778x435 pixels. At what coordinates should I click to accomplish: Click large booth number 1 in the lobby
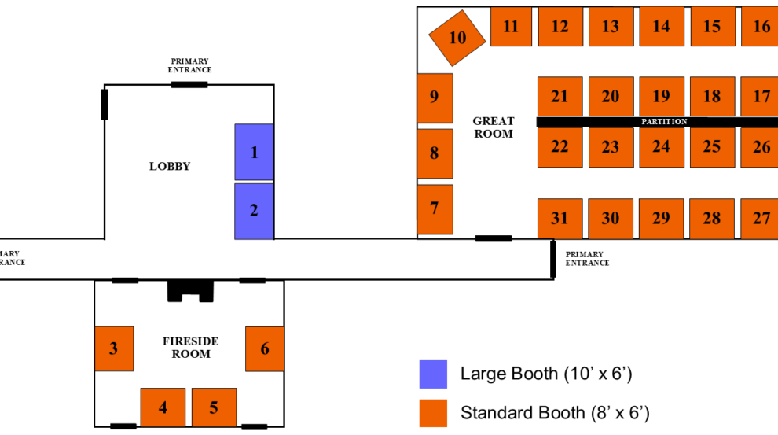pos(254,152)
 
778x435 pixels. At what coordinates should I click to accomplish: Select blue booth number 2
pos(254,211)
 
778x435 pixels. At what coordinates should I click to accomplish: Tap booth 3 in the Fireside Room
pos(114,348)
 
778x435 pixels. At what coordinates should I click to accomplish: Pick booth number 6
pos(265,348)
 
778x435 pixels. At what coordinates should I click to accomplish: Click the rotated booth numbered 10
pos(457,37)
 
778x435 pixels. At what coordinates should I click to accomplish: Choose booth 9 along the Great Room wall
pos(435,98)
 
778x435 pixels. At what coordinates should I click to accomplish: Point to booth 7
pos(435,208)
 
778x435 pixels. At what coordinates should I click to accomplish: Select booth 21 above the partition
pos(560,97)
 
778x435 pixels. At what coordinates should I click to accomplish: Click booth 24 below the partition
pos(661,147)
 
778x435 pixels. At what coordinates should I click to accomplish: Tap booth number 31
pos(560,219)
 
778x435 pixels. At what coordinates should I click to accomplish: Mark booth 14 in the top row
pos(661,27)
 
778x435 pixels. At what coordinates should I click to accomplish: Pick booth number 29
pos(661,219)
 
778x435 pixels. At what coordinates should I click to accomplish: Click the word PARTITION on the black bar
pos(664,122)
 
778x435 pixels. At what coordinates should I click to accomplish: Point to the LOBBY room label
pos(170,166)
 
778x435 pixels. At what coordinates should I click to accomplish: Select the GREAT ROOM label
pos(494,127)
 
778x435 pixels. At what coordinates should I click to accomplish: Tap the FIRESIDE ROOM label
pos(191,348)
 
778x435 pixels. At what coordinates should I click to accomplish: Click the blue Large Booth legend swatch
pos(433,374)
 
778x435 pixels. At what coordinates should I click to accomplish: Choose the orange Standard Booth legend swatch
pos(433,413)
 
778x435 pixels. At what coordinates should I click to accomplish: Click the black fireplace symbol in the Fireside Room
pos(190,290)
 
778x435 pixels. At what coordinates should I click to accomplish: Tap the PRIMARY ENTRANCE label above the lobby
pos(190,65)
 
